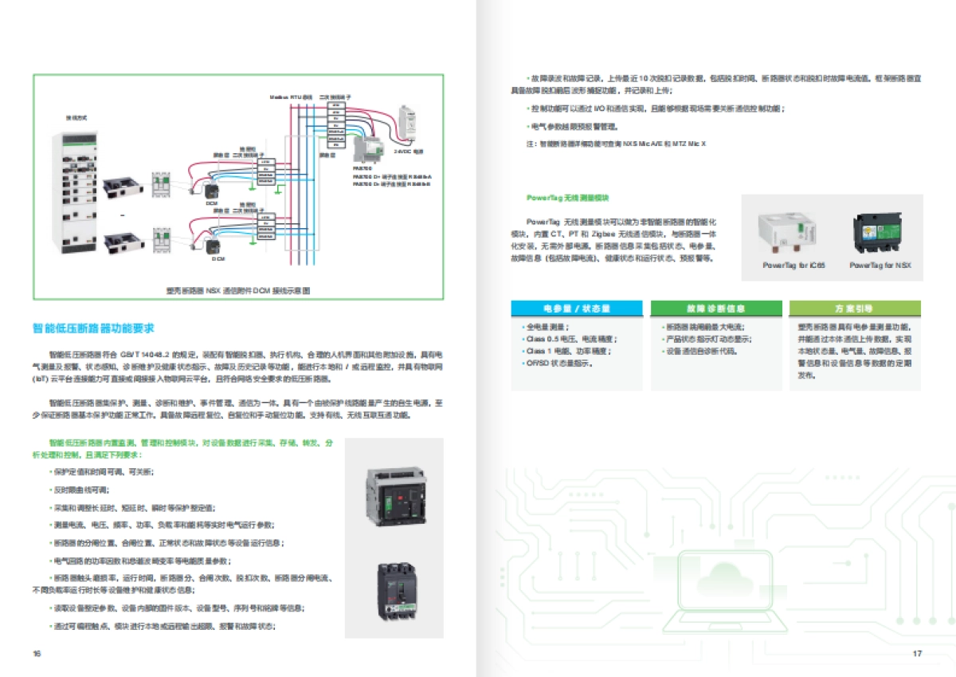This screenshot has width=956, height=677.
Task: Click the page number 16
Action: (37, 654)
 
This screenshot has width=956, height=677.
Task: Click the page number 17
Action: (917, 654)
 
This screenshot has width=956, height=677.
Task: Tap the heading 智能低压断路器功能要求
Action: (93, 328)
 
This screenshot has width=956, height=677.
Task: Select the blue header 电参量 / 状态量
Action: (577, 308)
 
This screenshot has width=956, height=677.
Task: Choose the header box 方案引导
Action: (854, 308)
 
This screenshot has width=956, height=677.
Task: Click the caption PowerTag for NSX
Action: (880, 264)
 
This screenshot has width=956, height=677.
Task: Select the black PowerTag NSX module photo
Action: (880, 231)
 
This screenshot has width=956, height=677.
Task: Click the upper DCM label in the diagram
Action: (211, 203)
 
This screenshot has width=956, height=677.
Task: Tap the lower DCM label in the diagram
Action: (217, 259)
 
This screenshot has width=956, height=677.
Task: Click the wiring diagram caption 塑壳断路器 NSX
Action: (236, 290)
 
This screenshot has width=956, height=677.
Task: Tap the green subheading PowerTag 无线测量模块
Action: (567, 197)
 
